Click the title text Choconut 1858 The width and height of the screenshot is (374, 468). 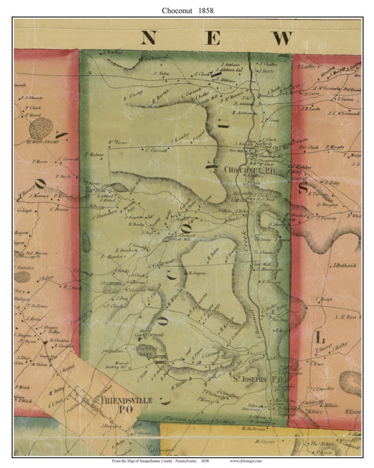187,11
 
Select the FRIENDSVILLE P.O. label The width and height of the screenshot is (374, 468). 126,405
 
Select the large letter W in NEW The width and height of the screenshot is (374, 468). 282,38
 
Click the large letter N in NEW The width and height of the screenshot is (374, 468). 148,38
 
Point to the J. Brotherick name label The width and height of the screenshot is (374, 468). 344,266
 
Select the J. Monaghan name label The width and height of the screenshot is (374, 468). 269,269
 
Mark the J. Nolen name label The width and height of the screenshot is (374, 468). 161,73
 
